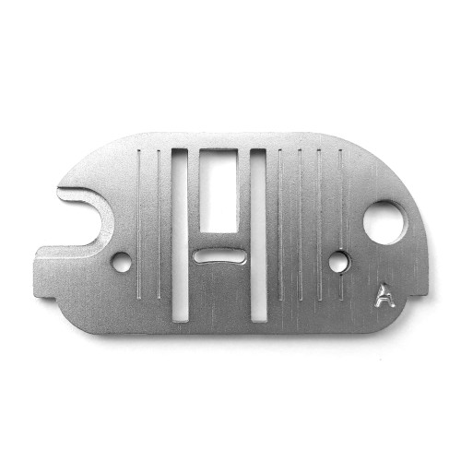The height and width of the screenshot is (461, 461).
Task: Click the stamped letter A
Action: pyautogui.click(x=384, y=295)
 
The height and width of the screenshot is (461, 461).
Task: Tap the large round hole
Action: pyautogui.click(x=384, y=223)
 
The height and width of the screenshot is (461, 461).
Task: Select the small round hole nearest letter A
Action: pyautogui.click(x=339, y=262)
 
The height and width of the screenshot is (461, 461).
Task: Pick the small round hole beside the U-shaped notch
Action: pyautogui.click(x=121, y=262)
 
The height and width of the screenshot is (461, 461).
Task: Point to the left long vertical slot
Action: pyautogui.click(x=180, y=235)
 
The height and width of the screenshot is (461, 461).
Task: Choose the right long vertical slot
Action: pyautogui.click(x=258, y=235)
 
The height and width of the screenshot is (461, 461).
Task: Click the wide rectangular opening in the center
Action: pyautogui.click(x=219, y=191)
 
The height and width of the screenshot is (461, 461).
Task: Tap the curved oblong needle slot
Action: pyautogui.click(x=220, y=256)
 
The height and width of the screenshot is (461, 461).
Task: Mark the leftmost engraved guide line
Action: pyautogui.click(x=139, y=224)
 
